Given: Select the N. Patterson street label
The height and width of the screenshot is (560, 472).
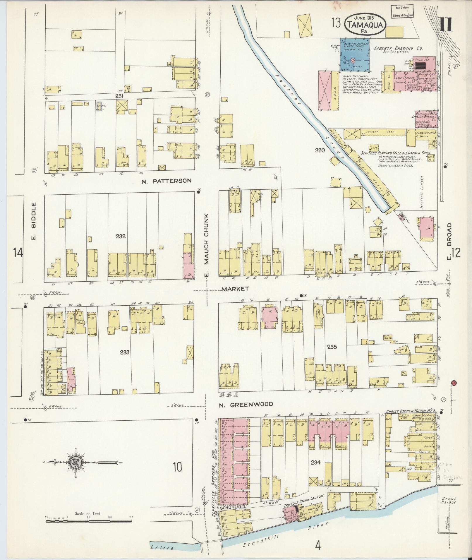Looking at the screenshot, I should (x=167, y=181).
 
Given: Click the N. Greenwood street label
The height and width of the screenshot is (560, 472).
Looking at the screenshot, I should (x=246, y=404).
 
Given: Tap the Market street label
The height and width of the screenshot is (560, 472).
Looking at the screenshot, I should (x=235, y=289).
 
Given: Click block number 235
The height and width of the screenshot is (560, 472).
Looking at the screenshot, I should (x=332, y=347).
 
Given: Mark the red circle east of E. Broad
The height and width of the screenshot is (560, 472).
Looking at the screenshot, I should (x=454, y=383).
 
